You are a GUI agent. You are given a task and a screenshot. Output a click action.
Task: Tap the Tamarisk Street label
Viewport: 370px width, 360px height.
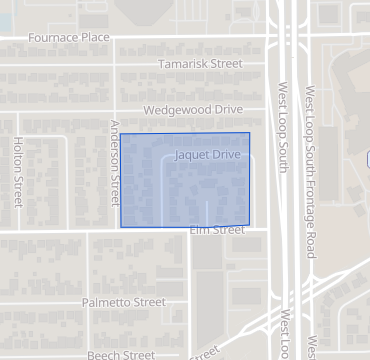pos(200,64)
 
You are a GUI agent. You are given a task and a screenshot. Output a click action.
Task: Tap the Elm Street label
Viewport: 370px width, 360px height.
pos(216,230)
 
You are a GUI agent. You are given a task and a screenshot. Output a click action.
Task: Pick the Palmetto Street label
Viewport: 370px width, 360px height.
pos(124,302)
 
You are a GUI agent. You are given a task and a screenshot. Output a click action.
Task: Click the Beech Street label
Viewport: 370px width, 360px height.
pos(120,354)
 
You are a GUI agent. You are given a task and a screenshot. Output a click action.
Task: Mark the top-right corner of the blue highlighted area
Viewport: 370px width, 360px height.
pos(249,133)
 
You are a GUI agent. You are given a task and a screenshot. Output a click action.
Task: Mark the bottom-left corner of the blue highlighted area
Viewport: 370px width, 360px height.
pos(121,227)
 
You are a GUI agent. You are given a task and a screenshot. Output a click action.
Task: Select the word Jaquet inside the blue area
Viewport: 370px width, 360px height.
pos(191,157)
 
